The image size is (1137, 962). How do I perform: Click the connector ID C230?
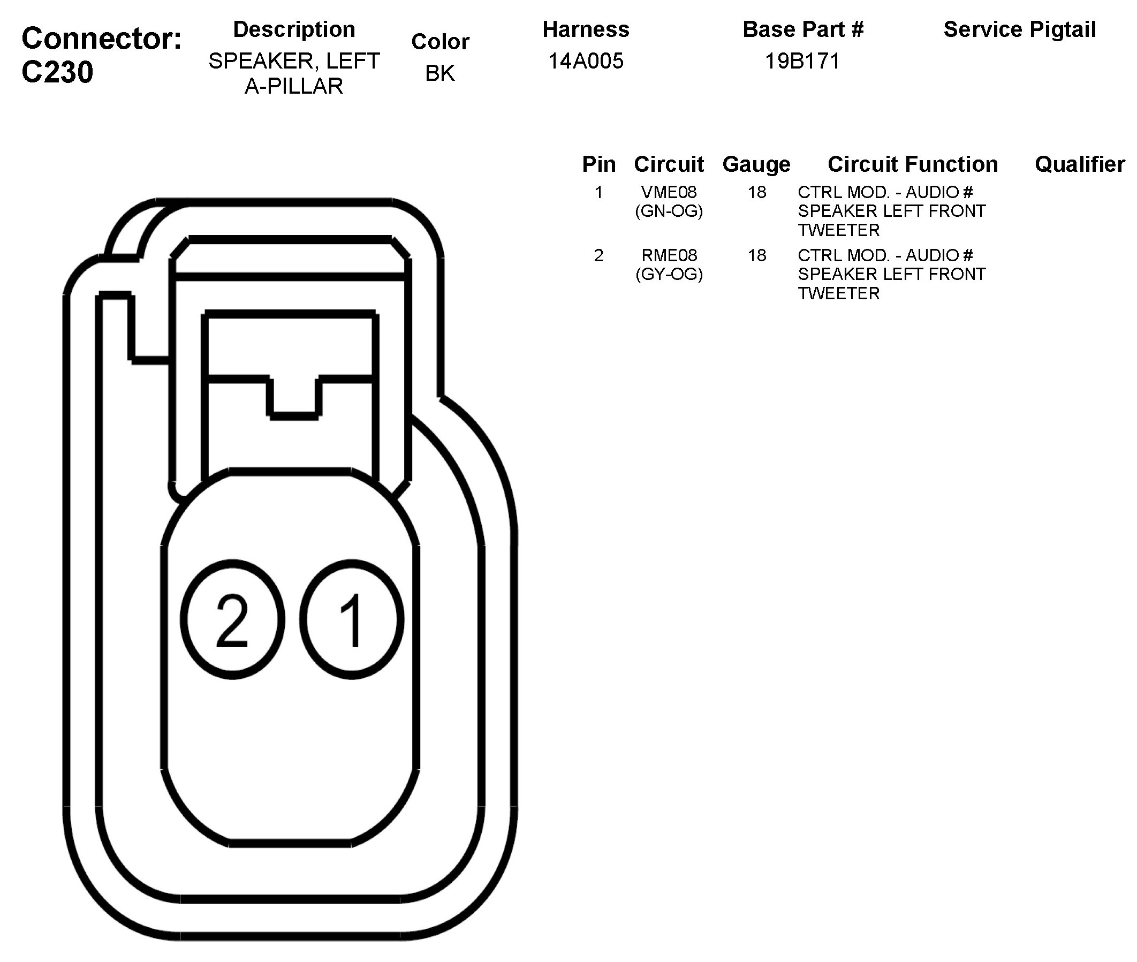(x=57, y=72)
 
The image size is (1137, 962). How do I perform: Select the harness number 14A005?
(x=585, y=61)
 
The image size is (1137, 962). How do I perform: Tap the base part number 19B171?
(x=802, y=61)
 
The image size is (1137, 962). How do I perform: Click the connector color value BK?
(x=439, y=73)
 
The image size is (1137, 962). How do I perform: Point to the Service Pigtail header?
(x=1019, y=29)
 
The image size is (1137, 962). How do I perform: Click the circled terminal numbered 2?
(x=232, y=619)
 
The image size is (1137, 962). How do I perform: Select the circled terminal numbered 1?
(x=352, y=619)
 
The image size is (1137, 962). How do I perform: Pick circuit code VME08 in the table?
(x=669, y=192)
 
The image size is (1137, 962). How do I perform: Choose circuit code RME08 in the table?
(x=669, y=255)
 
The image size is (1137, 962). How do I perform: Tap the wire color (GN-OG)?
(x=669, y=211)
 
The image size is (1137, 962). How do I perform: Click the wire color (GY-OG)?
(x=669, y=274)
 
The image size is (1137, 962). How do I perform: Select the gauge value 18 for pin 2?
(x=757, y=255)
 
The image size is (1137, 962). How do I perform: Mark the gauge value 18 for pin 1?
(x=757, y=192)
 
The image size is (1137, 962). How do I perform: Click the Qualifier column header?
(x=1079, y=164)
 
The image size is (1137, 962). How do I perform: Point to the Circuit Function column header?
(x=912, y=164)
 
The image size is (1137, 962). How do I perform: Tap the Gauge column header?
(x=756, y=164)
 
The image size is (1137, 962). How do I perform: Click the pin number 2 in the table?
(x=598, y=255)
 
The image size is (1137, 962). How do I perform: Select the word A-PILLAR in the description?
(x=293, y=86)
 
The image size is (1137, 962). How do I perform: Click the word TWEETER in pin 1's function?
(x=838, y=230)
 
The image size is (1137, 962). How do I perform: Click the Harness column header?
(x=585, y=29)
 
